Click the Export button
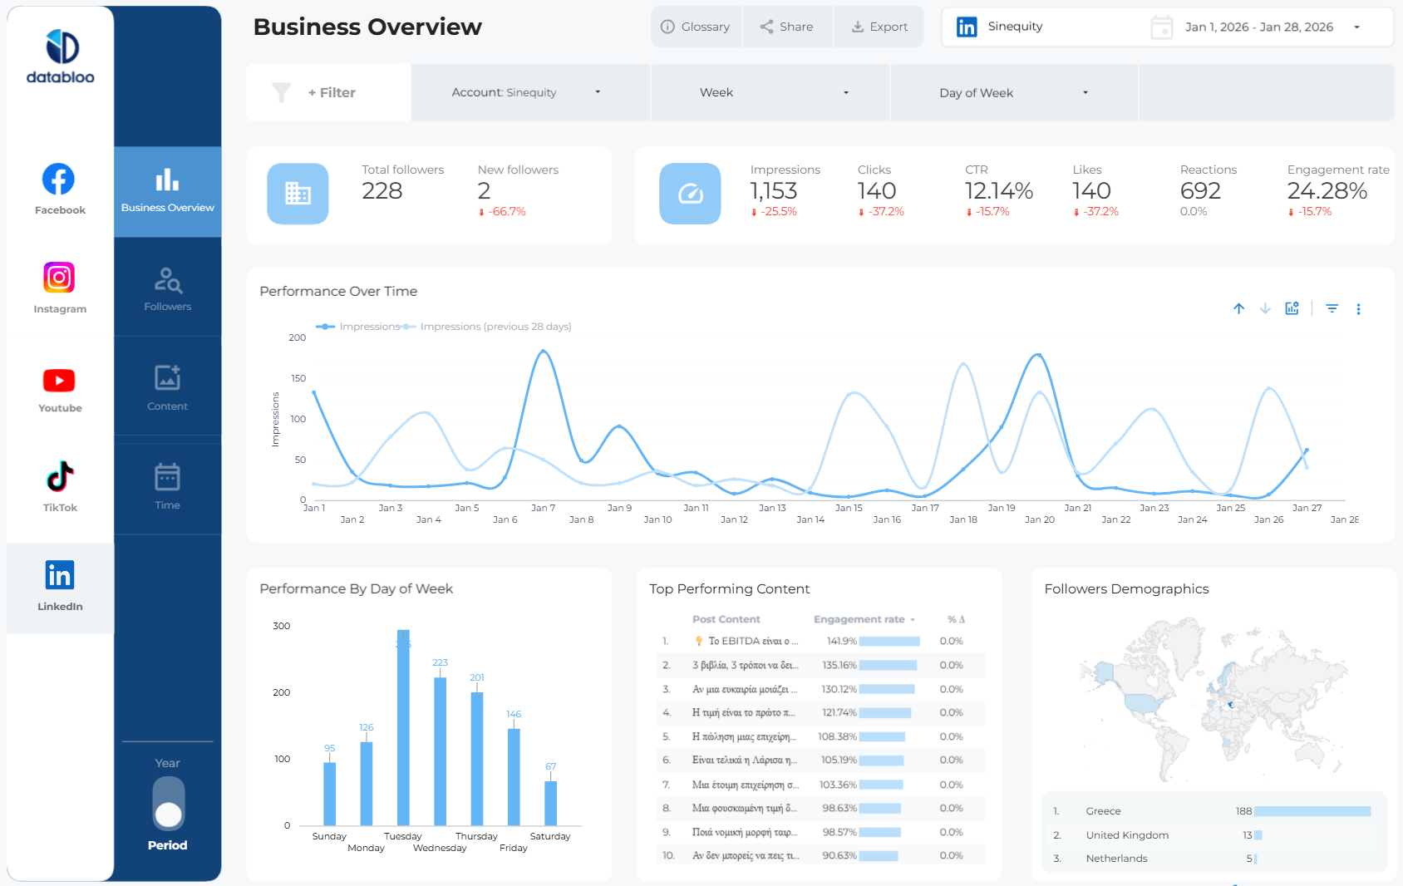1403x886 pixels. (x=879, y=27)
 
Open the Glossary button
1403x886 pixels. (x=696, y=27)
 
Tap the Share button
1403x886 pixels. (x=786, y=27)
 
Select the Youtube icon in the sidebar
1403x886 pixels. (x=59, y=381)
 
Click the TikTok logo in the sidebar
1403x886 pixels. (x=60, y=477)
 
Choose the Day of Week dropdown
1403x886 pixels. (x=1013, y=93)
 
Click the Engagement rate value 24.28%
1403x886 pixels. (x=1327, y=191)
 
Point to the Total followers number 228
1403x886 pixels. (x=382, y=191)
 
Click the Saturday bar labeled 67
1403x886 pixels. (x=550, y=803)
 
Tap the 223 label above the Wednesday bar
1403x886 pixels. (x=440, y=662)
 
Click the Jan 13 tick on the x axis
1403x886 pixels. (x=772, y=508)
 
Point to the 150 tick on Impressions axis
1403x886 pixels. (x=298, y=378)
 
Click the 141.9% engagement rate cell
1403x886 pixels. (x=841, y=641)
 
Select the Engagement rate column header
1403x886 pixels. (x=859, y=619)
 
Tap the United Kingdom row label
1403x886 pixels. (x=1127, y=835)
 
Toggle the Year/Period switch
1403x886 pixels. (x=169, y=803)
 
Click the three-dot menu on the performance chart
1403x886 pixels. (x=1358, y=309)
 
